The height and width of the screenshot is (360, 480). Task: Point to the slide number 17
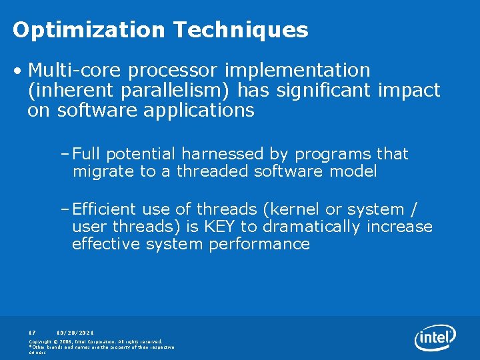pyautogui.click(x=31, y=331)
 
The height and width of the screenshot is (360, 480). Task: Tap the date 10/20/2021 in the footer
pyautogui.click(x=75, y=331)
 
